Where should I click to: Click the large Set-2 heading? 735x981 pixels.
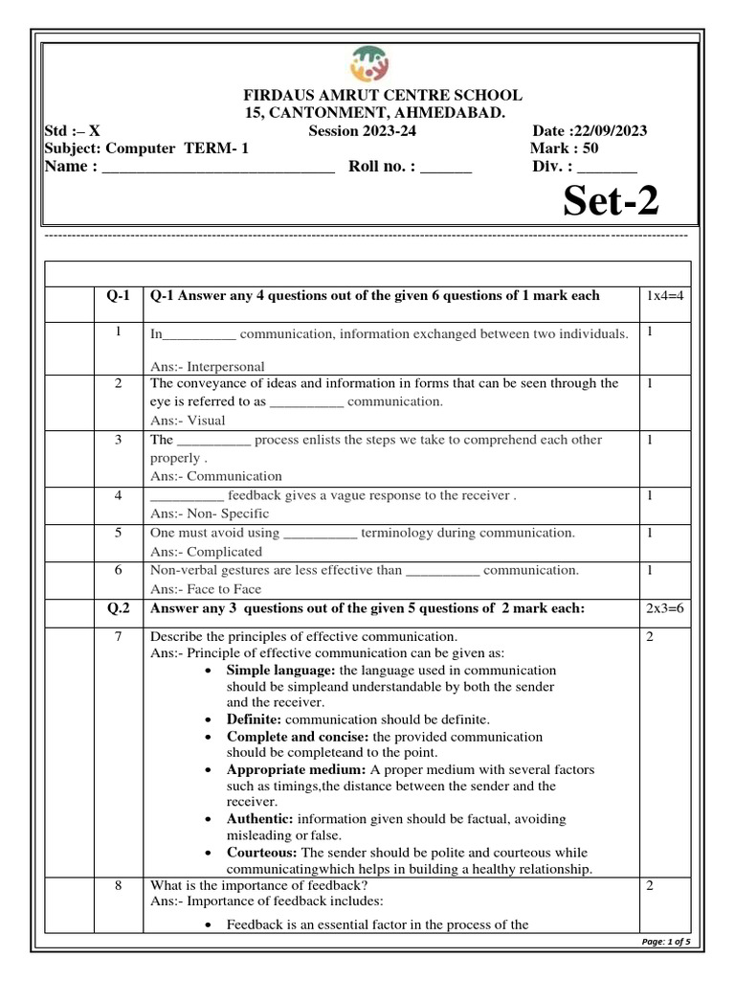[x=610, y=202]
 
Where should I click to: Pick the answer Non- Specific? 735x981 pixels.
[x=214, y=513]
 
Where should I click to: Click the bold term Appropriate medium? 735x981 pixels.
[x=282, y=769]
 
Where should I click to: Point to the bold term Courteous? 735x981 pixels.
[x=262, y=852]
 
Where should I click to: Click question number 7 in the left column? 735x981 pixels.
[x=119, y=637]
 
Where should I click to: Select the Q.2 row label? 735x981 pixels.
[x=119, y=609]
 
